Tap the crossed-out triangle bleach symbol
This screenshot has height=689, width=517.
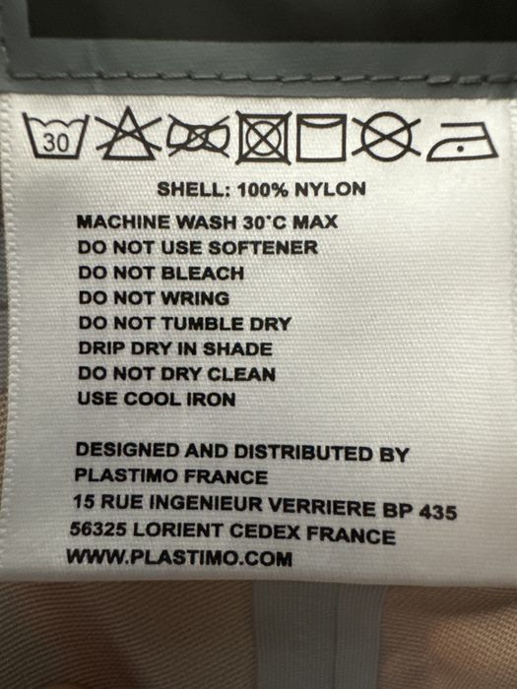[127, 136]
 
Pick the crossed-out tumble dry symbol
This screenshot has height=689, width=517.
[263, 137]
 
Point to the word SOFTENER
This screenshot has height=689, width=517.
[266, 248]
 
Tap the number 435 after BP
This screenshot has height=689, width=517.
[435, 513]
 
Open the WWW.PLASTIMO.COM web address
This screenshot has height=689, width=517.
[179, 558]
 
